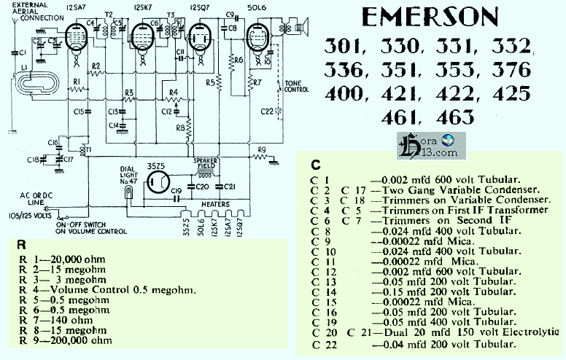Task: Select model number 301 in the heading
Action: click(x=349, y=49)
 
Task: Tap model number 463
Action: click(x=454, y=117)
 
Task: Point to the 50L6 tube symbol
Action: click(x=256, y=40)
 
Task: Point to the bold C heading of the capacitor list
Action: click(x=315, y=164)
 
